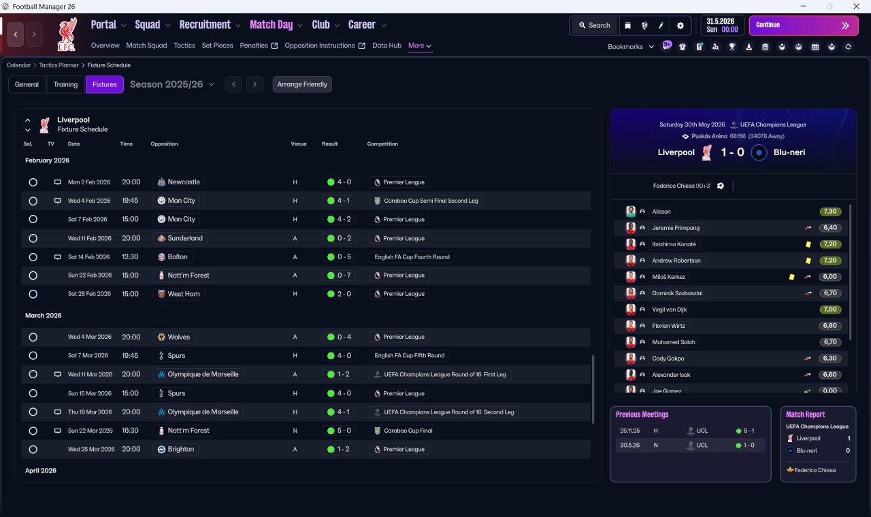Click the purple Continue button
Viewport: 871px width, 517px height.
pyautogui.click(x=804, y=25)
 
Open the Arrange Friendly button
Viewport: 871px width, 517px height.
pyautogui.click(x=302, y=84)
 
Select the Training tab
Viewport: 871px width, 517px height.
pyautogui.click(x=65, y=84)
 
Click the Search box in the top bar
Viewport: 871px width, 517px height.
pyautogui.click(x=594, y=25)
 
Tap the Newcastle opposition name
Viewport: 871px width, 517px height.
pyautogui.click(x=184, y=182)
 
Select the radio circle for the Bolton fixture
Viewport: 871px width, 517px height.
pyautogui.click(x=33, y=257)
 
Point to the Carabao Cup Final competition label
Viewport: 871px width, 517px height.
pyautogui.click(x=408, y=431)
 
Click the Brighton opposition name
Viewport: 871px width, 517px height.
pyautogui.click(x=180, y=449)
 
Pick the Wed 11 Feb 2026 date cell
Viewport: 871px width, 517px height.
pyautogui.click(x=89, y=238)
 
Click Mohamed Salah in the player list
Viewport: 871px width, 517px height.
pyautogui.click(x=673, y=342)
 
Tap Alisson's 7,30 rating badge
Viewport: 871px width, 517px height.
pyautogui.click(x=829, y=212)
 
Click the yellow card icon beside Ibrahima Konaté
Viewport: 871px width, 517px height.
pyautogui.click(x=808, y=244)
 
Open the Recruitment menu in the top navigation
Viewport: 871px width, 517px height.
pyautogui.click(x=205, y=25)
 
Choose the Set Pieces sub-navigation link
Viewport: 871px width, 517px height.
pyautogui.click(x=217, y=46)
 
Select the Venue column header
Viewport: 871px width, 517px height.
pyautogui.click(x=299, y=144)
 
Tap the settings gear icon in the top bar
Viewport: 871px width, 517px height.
pyautogui.click(x=680, y=26)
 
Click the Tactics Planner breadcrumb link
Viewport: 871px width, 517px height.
pyautogui.click(x=59, y=65)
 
